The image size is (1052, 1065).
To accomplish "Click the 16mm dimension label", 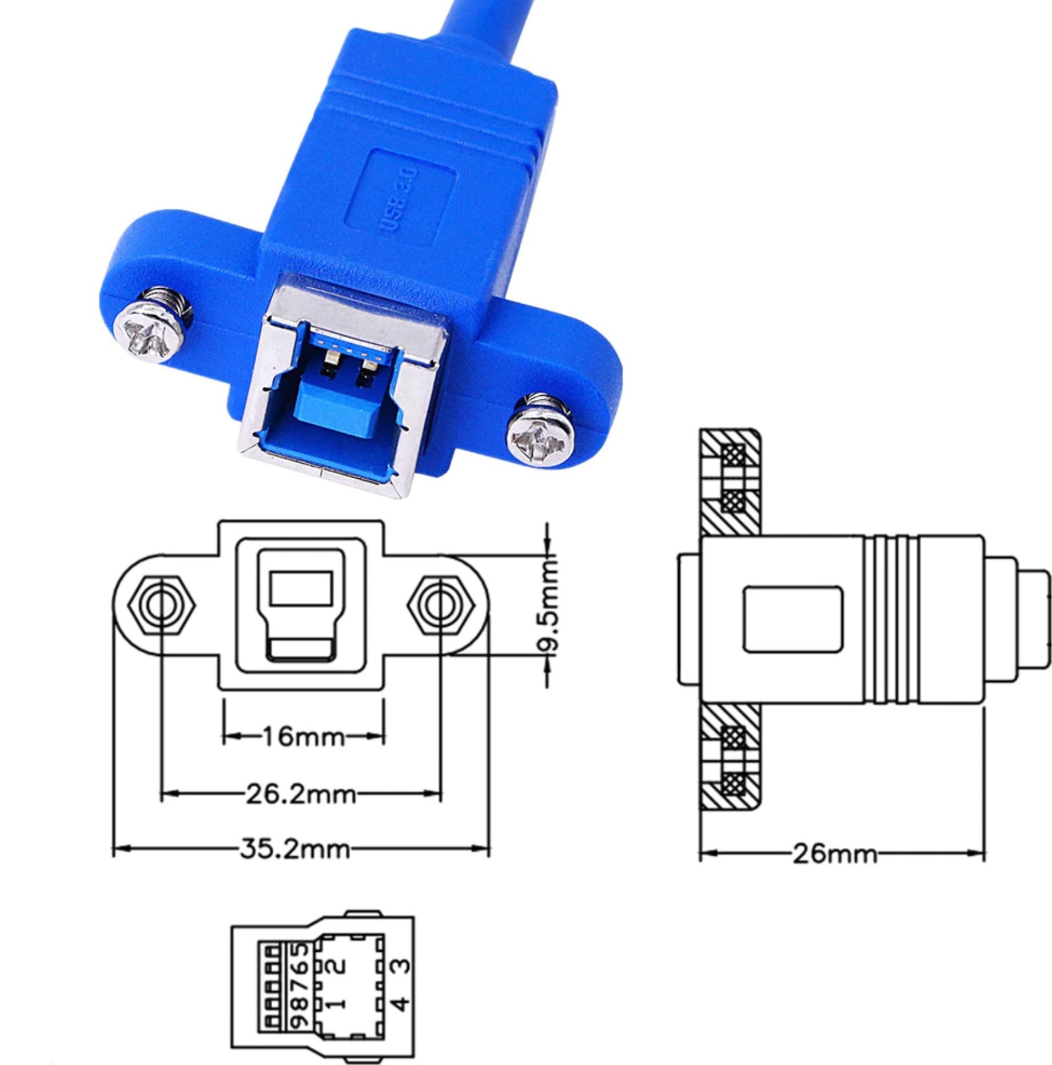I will (304, 736).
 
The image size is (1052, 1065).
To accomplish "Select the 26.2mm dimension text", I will (301, 794).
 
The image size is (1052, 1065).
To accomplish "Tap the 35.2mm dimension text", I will (294, 849).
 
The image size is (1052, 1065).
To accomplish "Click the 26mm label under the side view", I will (834, 854).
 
